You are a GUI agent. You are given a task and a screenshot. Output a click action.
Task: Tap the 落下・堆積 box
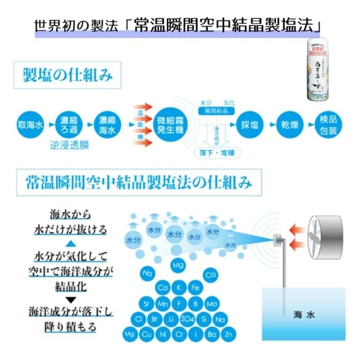coord(217,153)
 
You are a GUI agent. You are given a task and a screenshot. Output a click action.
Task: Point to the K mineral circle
coord(179,288)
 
